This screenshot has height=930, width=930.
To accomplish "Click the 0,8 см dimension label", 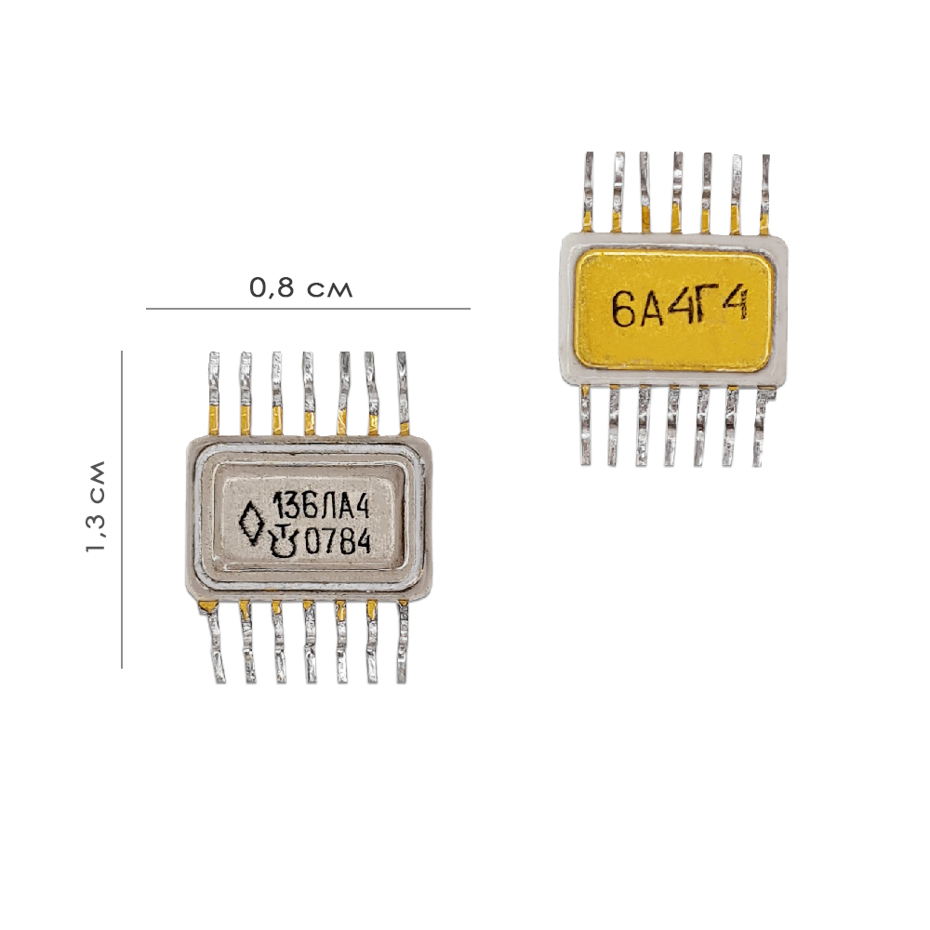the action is click(x=300, y=287).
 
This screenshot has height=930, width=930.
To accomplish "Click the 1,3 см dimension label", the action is click(x=96, y=507).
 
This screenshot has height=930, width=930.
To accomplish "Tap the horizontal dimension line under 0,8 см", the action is click(x=308, y=309).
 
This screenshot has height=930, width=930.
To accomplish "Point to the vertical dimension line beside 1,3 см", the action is click(x=122, y=510).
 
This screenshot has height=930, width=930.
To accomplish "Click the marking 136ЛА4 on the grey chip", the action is click(x=320, y=508).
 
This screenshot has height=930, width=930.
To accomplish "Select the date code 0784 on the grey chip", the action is click(x=338, y=541).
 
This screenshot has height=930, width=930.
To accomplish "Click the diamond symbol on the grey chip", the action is click(x=251, y=523).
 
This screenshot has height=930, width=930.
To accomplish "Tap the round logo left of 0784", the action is click(x=284, y=541).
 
